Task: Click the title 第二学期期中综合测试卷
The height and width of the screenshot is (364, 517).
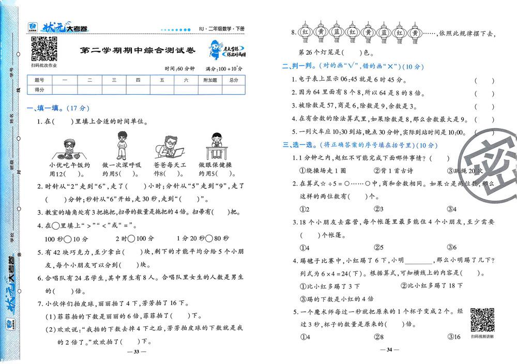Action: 139,51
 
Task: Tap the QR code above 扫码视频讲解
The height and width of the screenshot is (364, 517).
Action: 482,320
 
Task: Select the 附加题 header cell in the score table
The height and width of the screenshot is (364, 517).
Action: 210,80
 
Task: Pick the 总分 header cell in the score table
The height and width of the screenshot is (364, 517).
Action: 234,80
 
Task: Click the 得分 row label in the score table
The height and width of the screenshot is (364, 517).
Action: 39,89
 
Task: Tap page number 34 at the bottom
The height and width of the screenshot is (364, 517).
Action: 390,350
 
